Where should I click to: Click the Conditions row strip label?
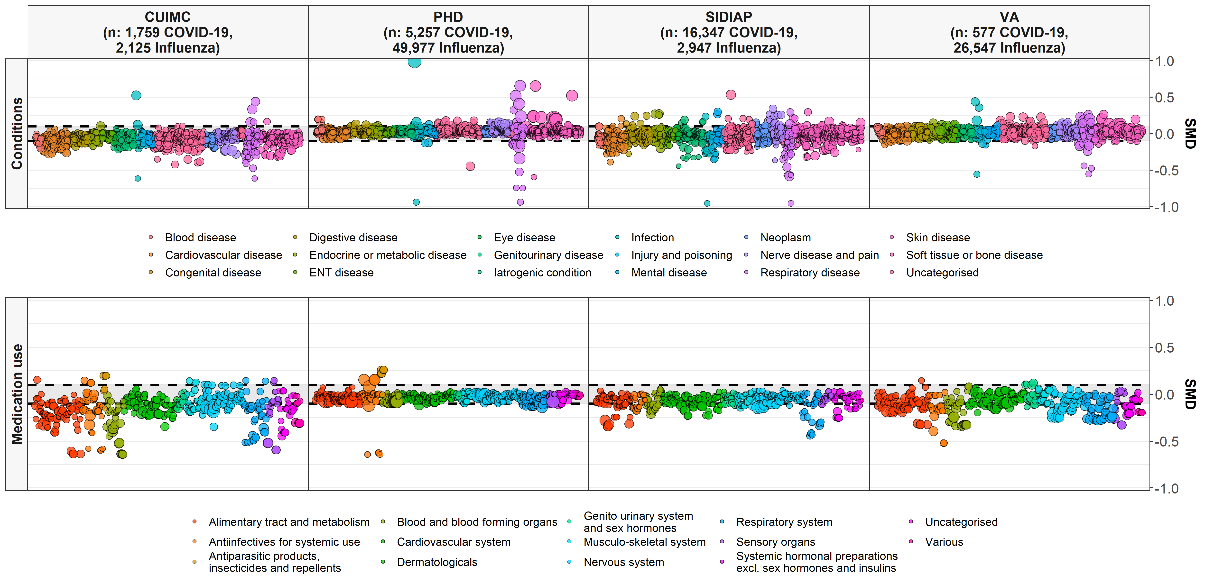tap(17, 133)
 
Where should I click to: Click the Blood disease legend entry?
tap(200, 237)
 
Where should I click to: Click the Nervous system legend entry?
tap(623, 562)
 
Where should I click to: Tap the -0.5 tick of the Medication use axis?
tap(1163, 441)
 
